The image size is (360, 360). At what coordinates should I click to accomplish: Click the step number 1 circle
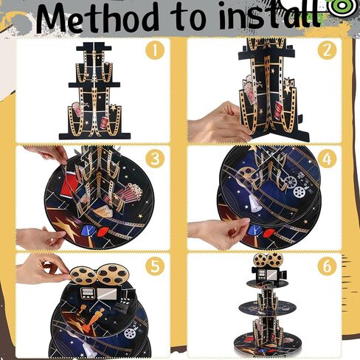pyautogui.click(x=155, y=51)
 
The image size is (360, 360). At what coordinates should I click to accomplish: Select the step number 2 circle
pyautogui.click(x=327, y=51)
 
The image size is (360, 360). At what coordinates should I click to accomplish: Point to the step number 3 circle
pyautogui.click(x=155, y=159)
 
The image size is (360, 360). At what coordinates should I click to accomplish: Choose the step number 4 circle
pyautogui.click(x=327, y=159)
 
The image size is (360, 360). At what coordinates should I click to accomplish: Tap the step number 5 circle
pyautogui.click(x=155, y=266)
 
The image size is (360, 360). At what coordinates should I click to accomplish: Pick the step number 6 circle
pyautogui.click(x=327, y=266)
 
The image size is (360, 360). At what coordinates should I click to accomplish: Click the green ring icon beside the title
pyautogui.click(x=345, y=7)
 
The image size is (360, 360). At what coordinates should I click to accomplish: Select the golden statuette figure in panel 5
pyautogui.click(x=94, y=319)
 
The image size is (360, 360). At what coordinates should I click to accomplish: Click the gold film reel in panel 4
pyautogui.click(x=244, y=176)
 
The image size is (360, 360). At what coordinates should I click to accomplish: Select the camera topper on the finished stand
pyautogui.click(x=269, y=268)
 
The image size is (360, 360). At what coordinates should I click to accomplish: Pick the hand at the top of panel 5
pyautogui.click(x=43, y=269)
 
